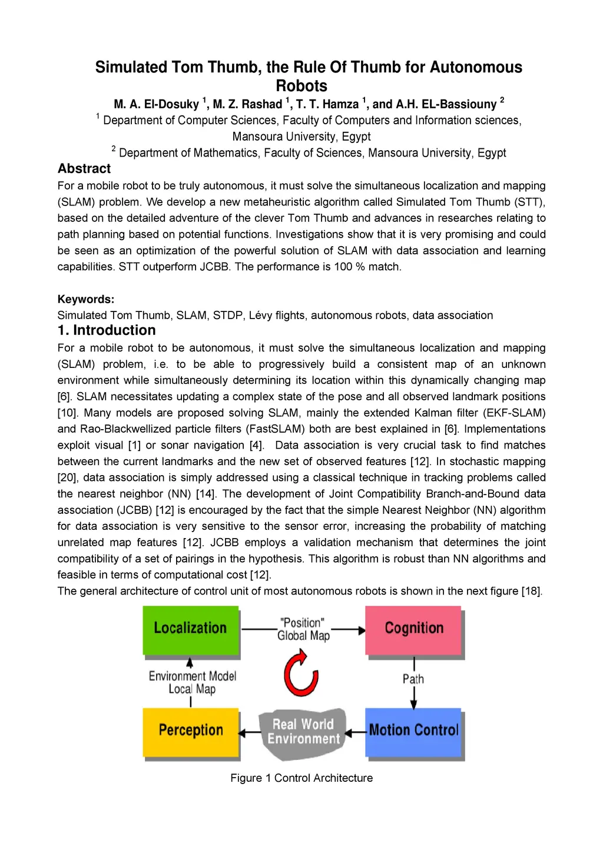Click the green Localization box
pyautogui.click(x=190, y=629)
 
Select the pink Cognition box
pyautogui.click(x=413, y=629)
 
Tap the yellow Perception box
pyautogui.click(x=190, y=731)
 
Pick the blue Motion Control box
pyautogui.click(x=413, y=731)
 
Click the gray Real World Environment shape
pyautogui.click(x=303, y=732)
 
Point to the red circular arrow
pyautogui.click(x=301, y=673)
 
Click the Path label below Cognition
pyautogui.click(x=413, y=679)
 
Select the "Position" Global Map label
pyautogui.click(x=303, y=629)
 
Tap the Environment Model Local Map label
pyautogui.click(x=192, y=682)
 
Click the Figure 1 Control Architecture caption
pyautogui.click(x=301, y=778)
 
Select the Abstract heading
pyautogui.click(x=84, y=169)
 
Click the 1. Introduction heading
pyautogui.click(x=107, y=330)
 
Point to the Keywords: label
pyautogui.click(x=86, y=299)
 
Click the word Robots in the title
pyautogui.click(x=301, y=86)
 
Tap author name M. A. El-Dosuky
pyautogui.click(x=157, y=104)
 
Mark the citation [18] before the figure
pyautogui.click(x=531, y=591)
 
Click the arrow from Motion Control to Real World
pyautogui.click(x=355, y=733)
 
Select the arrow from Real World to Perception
pyautogui.click(x=249, y=733)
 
